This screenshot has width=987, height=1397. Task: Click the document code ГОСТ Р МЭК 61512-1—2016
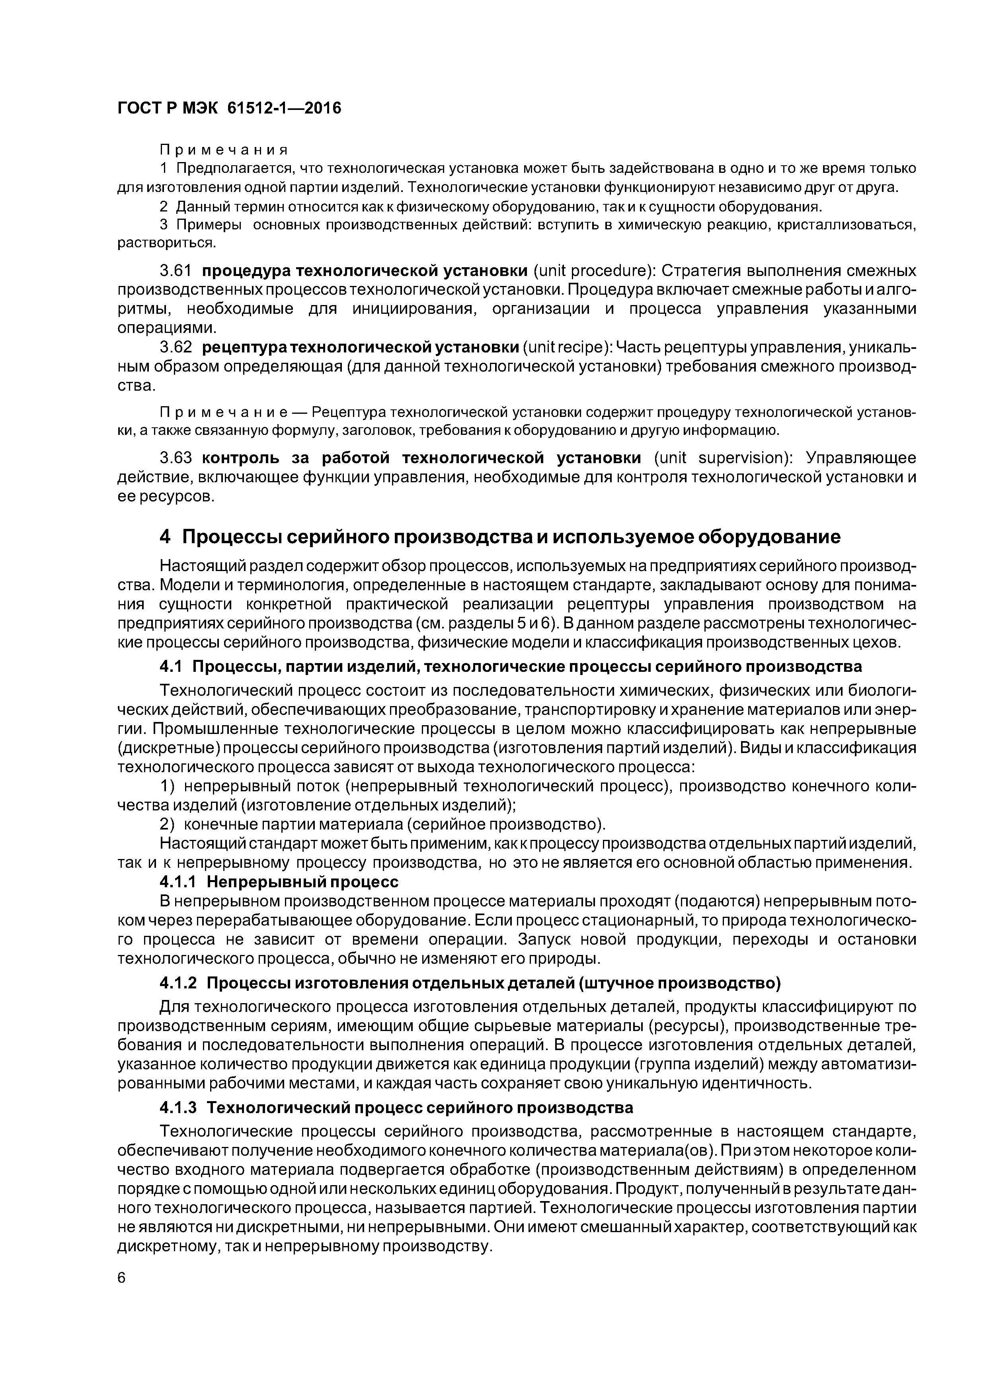click(x=229, y=108)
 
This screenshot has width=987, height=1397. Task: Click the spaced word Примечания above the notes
click(x=223, y=150)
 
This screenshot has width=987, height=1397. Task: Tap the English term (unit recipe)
click(x=567, y=347)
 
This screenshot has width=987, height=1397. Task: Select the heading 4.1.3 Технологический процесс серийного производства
click(x=396, y=1107)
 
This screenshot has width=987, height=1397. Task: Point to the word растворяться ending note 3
click(x=166, y=243)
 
